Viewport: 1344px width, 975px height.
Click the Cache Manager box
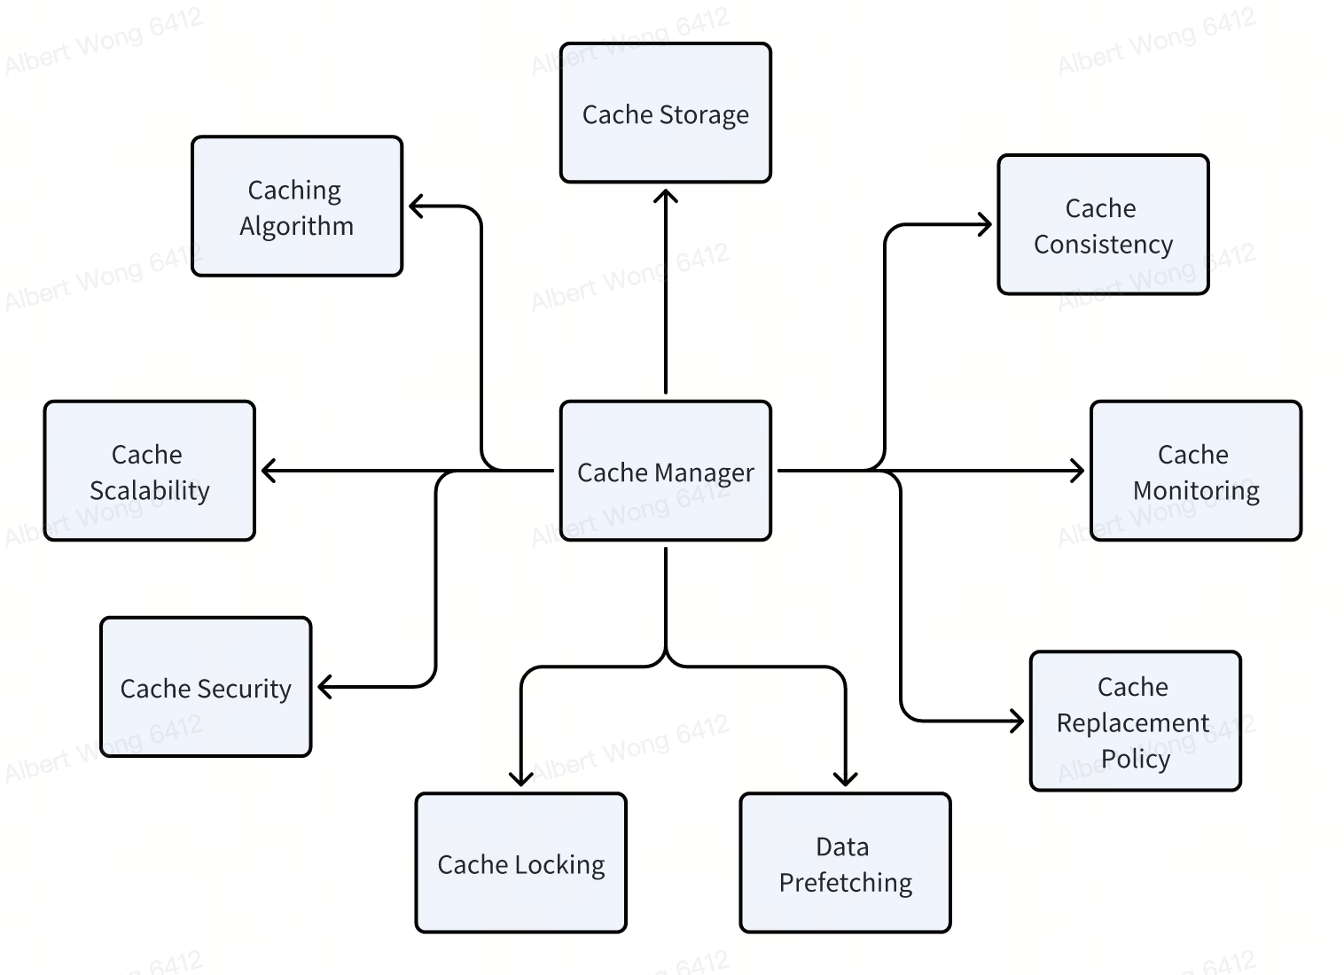665,471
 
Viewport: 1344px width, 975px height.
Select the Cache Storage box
665,113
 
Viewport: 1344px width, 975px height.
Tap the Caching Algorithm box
297,207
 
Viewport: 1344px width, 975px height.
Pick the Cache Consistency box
1103,225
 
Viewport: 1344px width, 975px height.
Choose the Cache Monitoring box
1195,471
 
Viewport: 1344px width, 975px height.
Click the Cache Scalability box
149,471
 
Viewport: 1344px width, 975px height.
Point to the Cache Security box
206,687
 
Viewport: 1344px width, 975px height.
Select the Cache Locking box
520,863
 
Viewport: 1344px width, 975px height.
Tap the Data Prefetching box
845,863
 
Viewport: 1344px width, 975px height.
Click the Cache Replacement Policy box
1135,721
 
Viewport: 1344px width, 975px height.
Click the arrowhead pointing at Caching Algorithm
413,207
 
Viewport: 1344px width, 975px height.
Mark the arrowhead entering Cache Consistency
987,225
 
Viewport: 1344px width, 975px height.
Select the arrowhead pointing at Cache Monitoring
1080,471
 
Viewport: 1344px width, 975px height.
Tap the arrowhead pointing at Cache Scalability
266,471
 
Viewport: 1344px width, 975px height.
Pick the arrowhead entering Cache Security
323,687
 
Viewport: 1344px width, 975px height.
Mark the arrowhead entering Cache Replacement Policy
1020,721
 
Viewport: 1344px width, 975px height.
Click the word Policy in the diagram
1136,759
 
